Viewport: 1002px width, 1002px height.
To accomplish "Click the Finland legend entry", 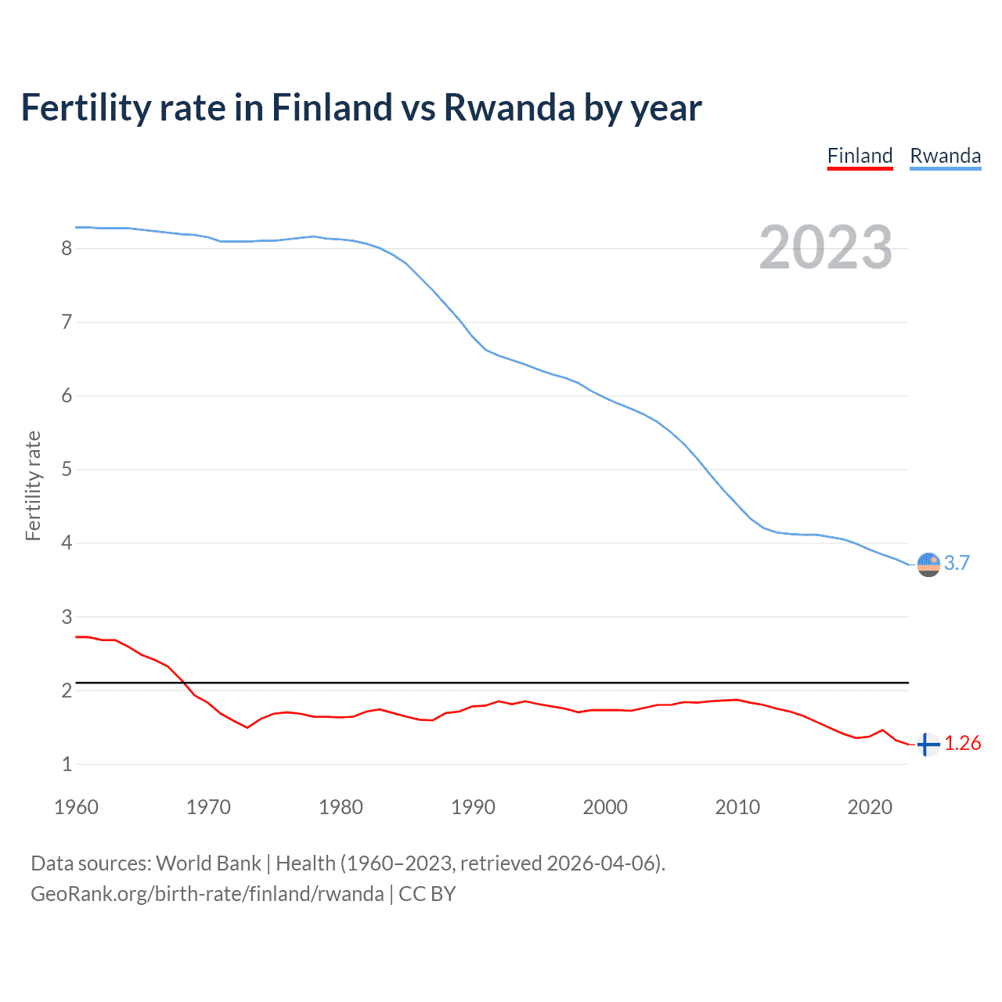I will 860,156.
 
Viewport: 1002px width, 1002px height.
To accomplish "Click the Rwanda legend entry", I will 945,156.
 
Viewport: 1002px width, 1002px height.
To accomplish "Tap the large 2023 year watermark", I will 825,247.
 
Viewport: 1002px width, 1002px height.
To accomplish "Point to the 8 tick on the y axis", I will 67,249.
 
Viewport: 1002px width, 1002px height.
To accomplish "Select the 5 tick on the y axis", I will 67,470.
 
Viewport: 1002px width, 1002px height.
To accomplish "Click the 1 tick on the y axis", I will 67,764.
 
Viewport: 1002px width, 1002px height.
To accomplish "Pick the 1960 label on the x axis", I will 76,807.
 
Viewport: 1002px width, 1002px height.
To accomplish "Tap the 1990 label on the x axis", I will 473,807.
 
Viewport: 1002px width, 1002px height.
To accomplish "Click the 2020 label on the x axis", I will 870,807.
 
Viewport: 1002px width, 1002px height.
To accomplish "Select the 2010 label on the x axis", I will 737,807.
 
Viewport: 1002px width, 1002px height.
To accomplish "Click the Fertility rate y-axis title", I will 33,485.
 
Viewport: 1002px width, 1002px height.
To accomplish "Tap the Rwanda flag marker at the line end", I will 928,564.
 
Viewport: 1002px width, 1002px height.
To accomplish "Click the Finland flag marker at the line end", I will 928,744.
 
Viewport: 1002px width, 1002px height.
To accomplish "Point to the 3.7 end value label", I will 957,564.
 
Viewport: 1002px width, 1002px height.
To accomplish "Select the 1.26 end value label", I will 962,744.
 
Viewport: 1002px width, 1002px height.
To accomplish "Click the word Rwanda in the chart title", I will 509,108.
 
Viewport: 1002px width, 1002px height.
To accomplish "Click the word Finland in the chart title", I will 331,108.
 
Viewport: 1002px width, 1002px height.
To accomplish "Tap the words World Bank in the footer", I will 208,863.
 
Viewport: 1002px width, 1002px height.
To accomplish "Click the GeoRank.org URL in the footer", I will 207,894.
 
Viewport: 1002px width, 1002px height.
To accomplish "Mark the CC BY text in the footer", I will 427,894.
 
